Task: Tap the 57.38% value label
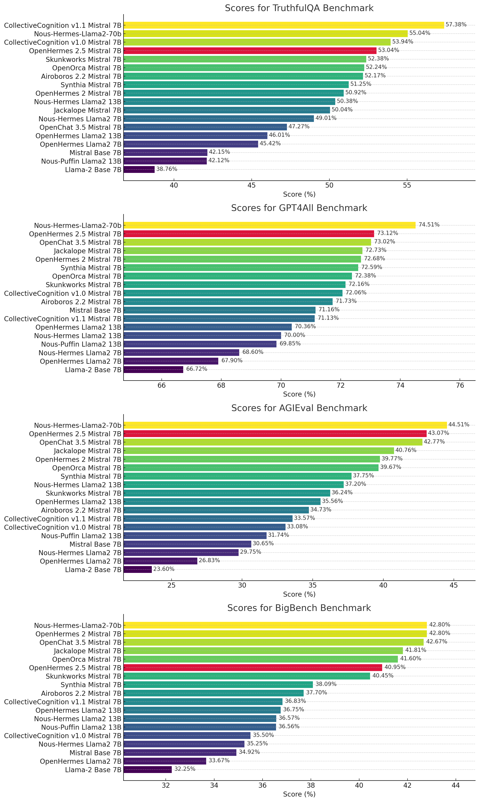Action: (456, 25)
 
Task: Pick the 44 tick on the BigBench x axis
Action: (455, 785)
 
